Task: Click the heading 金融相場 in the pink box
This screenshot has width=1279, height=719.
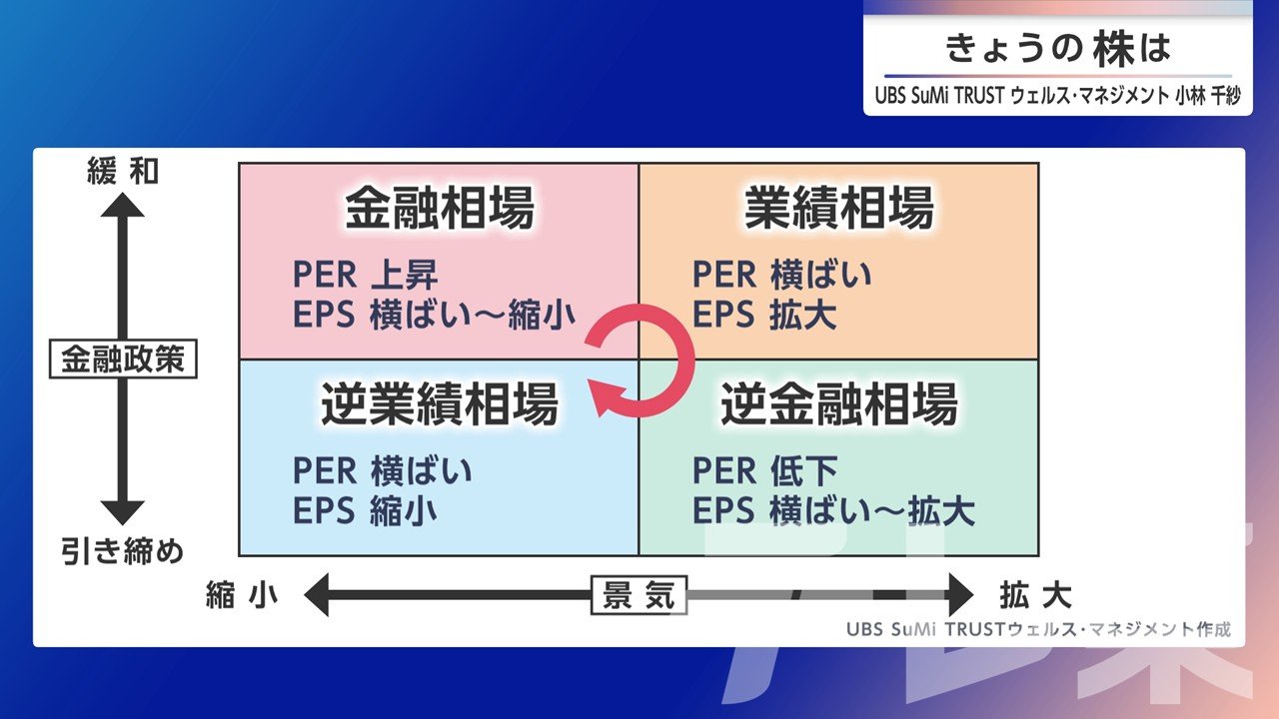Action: coord(439,207)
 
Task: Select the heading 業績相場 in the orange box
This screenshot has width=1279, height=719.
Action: coord(838,207)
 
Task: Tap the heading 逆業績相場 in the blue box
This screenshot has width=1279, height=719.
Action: coord(439,403)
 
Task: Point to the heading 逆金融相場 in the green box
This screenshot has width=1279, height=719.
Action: coord(838,403)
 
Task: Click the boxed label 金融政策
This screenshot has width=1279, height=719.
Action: coord(123,359)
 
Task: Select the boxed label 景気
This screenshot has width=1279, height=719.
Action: coord(639,595)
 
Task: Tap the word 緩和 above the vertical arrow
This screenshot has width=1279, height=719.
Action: coord(123,171)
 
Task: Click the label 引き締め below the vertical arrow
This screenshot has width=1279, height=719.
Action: coord(123,552)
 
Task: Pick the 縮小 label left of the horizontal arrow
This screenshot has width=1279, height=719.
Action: coord(242,595)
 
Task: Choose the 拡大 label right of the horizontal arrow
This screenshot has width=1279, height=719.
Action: coord(1036,595)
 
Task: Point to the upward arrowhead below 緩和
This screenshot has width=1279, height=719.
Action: coord(122,205)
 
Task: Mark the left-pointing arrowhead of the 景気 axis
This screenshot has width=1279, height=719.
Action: coord(317,595)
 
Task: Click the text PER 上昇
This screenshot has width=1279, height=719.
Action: coord(366,275)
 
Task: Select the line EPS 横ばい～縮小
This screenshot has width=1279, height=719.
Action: coord(434,315)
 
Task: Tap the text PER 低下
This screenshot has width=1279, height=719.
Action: coord(765,470)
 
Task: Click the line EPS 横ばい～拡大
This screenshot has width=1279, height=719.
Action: coord(833,510)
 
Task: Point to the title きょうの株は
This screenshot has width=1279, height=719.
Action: coord(1057,48)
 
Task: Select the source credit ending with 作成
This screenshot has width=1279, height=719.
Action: coord(1038,629)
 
